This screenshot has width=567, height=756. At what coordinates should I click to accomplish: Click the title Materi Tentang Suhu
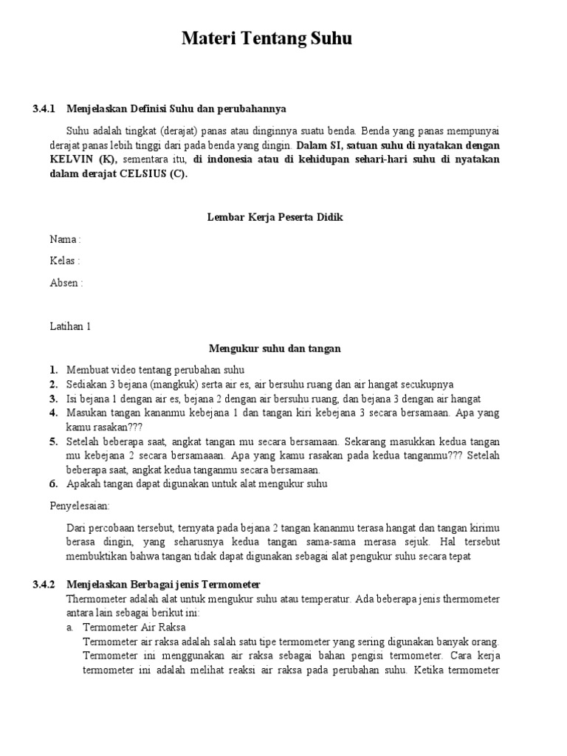coord(267,39)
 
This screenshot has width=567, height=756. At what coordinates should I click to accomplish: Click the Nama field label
coord(64,239)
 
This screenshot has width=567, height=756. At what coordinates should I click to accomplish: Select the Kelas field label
coord(64,261)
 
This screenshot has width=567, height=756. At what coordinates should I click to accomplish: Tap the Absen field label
coord(66,283)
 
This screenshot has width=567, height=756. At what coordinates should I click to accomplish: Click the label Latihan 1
coord(69,326)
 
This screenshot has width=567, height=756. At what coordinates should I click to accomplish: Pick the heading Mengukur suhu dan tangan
coord(275,348)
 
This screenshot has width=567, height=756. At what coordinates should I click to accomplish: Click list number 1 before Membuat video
coord(53,370)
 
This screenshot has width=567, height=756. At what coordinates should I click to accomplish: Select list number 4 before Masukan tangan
coord(53,413)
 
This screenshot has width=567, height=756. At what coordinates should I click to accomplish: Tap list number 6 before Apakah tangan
coord(53,484)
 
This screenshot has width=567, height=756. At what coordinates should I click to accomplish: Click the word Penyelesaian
coord(79,506)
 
